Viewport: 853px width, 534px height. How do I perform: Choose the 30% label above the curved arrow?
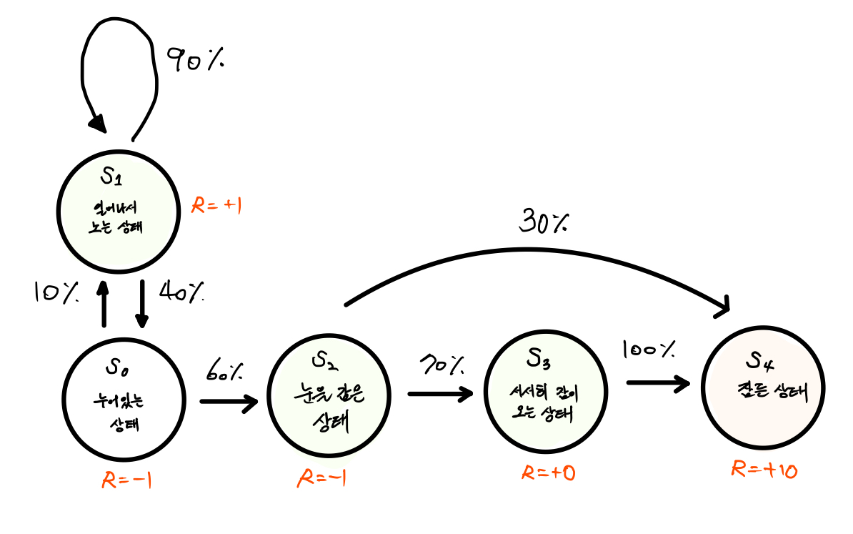pyautogui.click(x=542, y=223)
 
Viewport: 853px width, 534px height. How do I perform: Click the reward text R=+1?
pyautogui.click(x=218, y=207)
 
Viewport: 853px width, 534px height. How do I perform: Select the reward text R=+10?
pyautogui.click(x=764, y=470)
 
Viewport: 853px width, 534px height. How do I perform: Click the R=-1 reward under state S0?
pyautogui.click(x=127, y=480)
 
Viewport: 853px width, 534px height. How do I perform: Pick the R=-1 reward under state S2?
pyautogui.click(x=321, y=478)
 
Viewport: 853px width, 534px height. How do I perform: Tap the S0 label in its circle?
pyautogui.click(x=119, y=367)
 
